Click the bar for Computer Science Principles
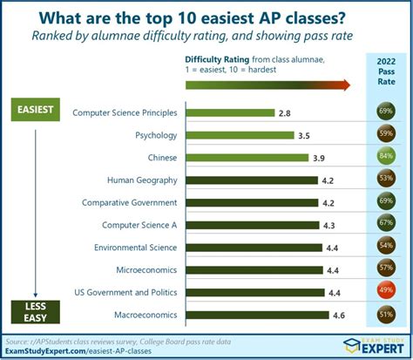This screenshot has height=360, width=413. (229, 113)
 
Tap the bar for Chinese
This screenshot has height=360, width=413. (246, 158)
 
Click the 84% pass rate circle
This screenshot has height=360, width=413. (384, 158)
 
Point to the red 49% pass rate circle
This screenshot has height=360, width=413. (384, 292)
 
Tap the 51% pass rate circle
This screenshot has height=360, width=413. (384, 314)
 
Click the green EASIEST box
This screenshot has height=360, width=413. (34, 110)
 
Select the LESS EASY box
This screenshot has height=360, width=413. (34, 310)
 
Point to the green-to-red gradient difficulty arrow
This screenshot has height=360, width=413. (267, 85)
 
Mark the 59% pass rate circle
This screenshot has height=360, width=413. (384, 136)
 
